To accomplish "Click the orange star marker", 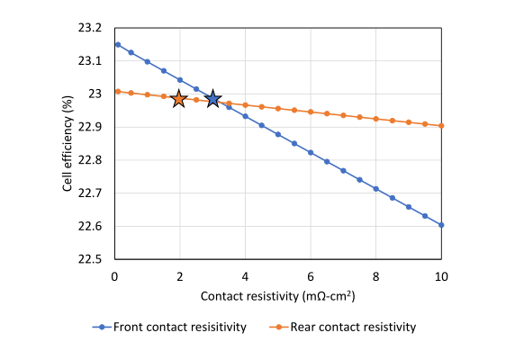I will [x=179, y=98].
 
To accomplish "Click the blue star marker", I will [x=212, y=98].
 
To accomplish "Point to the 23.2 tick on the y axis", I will [x=94, y=28].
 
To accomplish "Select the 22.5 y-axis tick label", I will [x=94, y=259].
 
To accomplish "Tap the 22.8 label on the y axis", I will [x=94, y=160].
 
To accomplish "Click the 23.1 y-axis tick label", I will [x=94, y=61].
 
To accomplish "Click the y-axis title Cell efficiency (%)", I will [x=68, y=144].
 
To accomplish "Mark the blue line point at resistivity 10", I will [x=441, y=225].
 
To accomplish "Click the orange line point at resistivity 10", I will [x=441, y=125].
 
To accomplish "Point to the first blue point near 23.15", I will [x=117, y=44].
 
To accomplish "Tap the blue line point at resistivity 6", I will [x=311, y=152].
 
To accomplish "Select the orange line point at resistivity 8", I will [x=376, y=119].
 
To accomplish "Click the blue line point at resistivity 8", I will [x=376, y=188].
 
